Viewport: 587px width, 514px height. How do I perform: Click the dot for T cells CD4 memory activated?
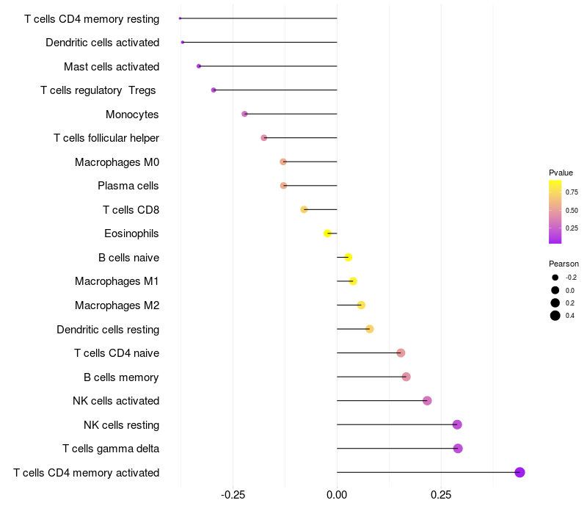[519, 472]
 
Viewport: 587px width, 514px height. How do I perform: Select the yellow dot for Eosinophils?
[327, 234]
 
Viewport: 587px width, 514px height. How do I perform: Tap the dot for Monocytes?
[244, 114]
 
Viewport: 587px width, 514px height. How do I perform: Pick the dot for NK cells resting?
[457, 424]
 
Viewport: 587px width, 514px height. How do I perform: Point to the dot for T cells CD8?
[304, 209]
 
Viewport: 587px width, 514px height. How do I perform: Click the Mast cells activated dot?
[199, 66]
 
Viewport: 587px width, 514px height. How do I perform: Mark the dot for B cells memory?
[406, 377]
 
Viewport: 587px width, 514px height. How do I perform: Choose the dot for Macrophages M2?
[361, 305]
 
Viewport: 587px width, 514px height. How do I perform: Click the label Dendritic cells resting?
[108, 329]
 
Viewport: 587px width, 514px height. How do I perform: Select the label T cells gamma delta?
[111, 449]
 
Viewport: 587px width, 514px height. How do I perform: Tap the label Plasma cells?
[128, 186]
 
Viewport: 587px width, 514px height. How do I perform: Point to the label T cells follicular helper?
[106, 138]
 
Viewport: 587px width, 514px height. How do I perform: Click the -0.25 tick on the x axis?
[233, 495]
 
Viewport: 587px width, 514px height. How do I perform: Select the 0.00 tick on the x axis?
[337, 495]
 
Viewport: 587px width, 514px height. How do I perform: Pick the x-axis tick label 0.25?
[441, 495]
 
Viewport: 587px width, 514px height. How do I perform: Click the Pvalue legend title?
[561, 173]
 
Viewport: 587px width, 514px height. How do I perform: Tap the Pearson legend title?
[564, 264]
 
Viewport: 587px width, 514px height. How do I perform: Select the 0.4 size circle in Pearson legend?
[555, 316]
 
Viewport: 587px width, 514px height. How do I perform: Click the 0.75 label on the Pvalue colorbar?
[572, 192]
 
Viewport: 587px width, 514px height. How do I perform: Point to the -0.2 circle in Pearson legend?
[555, 278]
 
